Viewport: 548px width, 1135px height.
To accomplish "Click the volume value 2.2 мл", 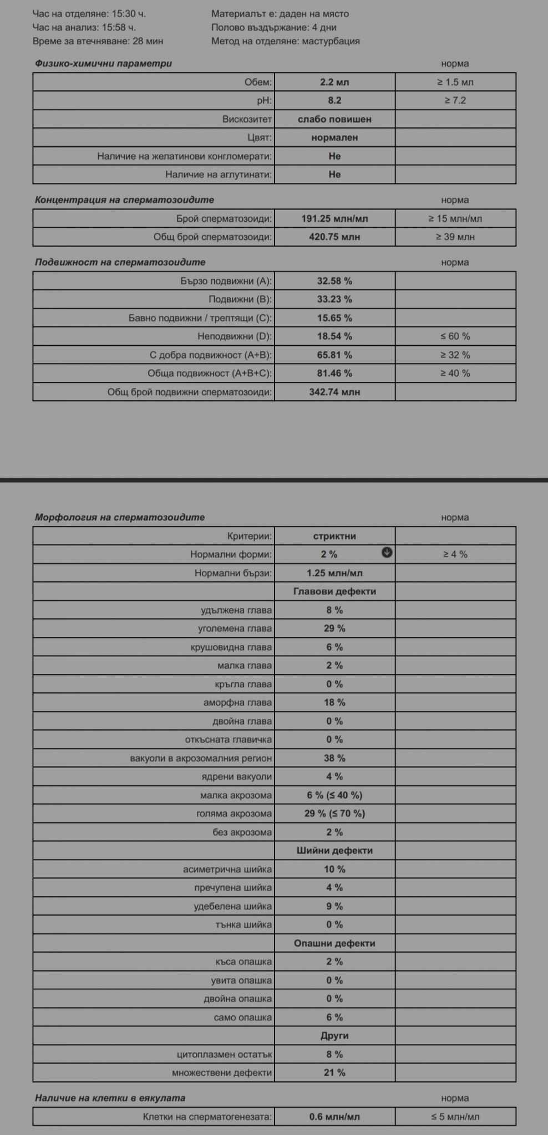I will [334, 82].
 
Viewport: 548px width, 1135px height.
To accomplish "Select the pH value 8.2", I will [334, 100].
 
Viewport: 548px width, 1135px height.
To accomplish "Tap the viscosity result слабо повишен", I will [334, 119].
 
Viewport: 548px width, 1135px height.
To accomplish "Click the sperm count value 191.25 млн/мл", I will [334, 218].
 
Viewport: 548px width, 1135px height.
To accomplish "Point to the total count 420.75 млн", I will [334, 237].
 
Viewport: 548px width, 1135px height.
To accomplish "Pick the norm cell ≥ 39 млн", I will [455, 237].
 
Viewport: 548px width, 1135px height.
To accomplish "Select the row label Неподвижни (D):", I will [235, 336].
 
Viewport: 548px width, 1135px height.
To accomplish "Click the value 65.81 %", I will [334, 355].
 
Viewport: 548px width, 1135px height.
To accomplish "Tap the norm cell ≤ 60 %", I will [455, 336].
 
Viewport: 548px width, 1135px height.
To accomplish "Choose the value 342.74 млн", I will [334, 392].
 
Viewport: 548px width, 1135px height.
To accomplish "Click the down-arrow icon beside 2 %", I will [387, 553].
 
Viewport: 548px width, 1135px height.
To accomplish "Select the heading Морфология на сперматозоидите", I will [120, 517].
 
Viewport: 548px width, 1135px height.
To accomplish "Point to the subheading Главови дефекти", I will [334, 591].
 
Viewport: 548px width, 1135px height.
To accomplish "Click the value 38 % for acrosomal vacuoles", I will [334, 758].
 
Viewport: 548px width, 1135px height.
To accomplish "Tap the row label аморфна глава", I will [237, 703].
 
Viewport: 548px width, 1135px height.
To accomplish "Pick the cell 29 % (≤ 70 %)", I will [334, 814].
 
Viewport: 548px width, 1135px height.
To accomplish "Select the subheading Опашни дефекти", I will [334, 943].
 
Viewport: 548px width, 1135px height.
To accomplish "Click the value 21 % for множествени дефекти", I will [334, 1072].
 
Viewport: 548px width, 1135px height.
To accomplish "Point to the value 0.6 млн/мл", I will [334, 1117].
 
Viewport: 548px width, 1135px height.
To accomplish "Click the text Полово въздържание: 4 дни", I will [273, 27].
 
